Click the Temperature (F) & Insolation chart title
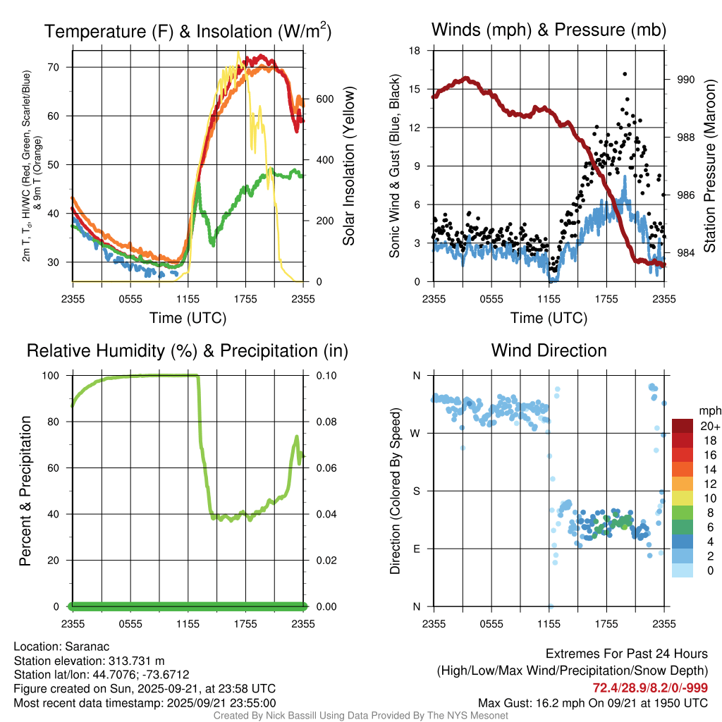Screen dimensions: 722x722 click(x=188, y=31)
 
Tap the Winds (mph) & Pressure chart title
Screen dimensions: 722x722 click(x=549, y=30)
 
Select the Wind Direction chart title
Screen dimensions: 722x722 click(x=549, y=350)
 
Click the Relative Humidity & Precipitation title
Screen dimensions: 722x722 click(x=188, y=350)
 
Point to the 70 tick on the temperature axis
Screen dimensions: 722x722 click(x=59, y=67)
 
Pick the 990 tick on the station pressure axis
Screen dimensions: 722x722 click(x=685, y=80)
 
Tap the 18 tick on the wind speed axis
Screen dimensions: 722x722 click(x=415, y=51)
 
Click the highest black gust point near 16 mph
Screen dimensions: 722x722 click(x=625, y=73)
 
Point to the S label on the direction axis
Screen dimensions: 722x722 click(x=416, y=491)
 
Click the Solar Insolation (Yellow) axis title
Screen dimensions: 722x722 click(x=348, y=166)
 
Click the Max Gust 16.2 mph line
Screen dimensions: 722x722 click(x=593, y=702)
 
